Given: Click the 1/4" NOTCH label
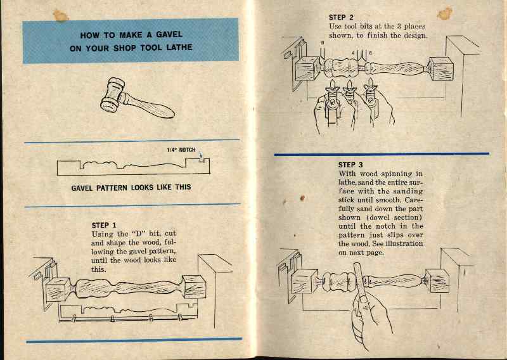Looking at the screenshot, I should click(x=182, y=150).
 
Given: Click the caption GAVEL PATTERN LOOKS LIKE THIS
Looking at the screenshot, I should click(x=131, y=188).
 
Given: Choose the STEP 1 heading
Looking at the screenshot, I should click(x=105, y=225).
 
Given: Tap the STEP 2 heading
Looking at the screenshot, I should click(x=342, y=16).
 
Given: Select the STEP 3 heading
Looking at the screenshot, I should click(x=351, y=165).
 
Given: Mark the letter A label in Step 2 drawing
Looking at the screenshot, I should click(x=362, y=53).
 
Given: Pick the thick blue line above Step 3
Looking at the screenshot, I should click(x=382, y=154).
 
